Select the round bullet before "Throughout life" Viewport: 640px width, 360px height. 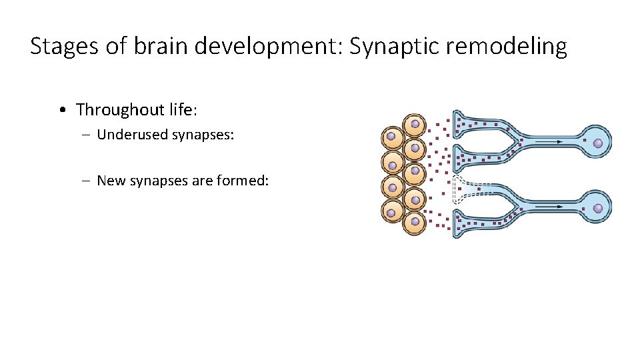point(61,109)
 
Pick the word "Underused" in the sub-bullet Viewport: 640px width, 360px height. point(132,135)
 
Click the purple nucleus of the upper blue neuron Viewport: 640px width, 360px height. point(598,143)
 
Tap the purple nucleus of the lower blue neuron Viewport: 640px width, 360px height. point(598,209)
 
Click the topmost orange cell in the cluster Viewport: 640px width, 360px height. point(415,124)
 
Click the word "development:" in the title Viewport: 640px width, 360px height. point(273,47)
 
